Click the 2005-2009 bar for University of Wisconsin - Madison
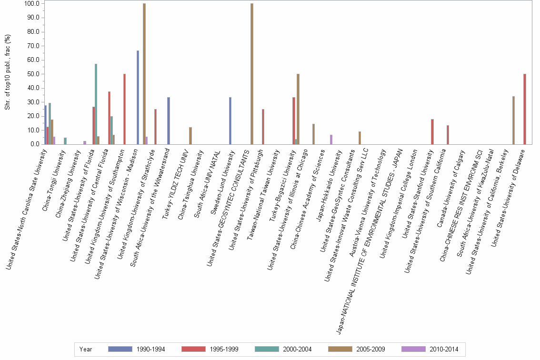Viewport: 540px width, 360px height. point(144,74)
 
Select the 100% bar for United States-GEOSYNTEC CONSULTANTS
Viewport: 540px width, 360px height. point(252,74)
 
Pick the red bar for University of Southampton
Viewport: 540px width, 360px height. point(125,109)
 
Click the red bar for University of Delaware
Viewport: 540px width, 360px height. point(525,109)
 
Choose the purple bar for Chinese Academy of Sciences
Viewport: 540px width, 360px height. point(331,139)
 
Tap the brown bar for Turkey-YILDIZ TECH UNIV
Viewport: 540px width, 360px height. point(190,136)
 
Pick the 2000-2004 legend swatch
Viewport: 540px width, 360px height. point(269,349)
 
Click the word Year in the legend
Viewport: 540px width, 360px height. point(86,349)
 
